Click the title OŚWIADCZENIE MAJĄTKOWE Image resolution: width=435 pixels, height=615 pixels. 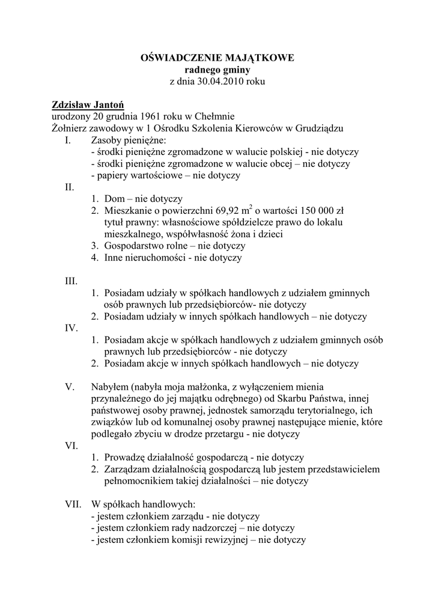pyautogui.click(x=217, y=58)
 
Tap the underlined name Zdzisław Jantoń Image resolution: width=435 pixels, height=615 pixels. pyautogui.click(x=88, y=104)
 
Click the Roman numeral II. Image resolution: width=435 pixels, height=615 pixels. pyautogui.click(x=69, y=187)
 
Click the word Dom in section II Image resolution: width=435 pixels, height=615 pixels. pyautogui.click(x=114, y=199)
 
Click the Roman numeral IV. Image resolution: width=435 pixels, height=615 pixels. pyautogui.click(x=71, y=328)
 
